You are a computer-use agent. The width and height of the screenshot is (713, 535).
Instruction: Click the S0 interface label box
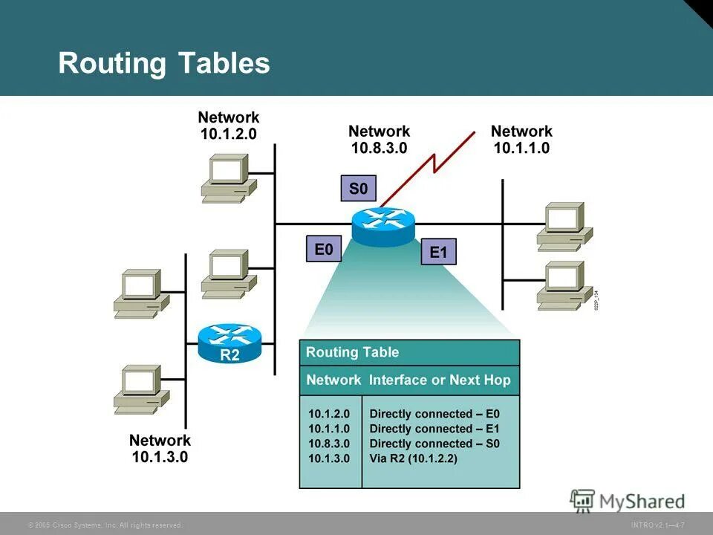(x=358, y=189)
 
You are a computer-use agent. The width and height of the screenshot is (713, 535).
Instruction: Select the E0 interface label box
(x=324, y=250)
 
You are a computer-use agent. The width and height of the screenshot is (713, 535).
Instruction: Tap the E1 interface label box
(x=438, y=253)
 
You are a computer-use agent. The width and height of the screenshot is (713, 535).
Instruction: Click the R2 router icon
(x=229, y=343)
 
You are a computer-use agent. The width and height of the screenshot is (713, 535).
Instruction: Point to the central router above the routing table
(x=383, y=226)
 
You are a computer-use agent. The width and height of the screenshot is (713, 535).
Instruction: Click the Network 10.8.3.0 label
(x=379, y=139)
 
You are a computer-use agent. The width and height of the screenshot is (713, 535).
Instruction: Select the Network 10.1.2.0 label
(x=229, y=126)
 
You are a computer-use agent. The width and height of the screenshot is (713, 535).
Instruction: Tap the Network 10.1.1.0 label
(x=521, y=139)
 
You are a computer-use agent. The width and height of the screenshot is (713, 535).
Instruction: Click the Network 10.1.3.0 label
(x=160, y=448)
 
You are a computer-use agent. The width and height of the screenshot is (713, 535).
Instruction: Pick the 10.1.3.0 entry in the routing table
(x=328, y=458)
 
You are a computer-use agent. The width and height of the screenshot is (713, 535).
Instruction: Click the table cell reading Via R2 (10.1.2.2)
(x=413, y=458)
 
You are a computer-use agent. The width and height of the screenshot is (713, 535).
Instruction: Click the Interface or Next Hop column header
(x=440, y=380)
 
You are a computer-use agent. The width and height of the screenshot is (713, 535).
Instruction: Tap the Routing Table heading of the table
(x=352, y=352)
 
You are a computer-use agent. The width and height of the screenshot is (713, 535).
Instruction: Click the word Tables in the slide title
(x=224, y=63)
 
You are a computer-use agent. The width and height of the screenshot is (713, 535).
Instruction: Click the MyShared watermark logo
(x=628, y=501)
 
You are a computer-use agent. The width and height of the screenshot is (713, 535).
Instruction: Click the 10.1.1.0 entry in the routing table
(x=328, y=429)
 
